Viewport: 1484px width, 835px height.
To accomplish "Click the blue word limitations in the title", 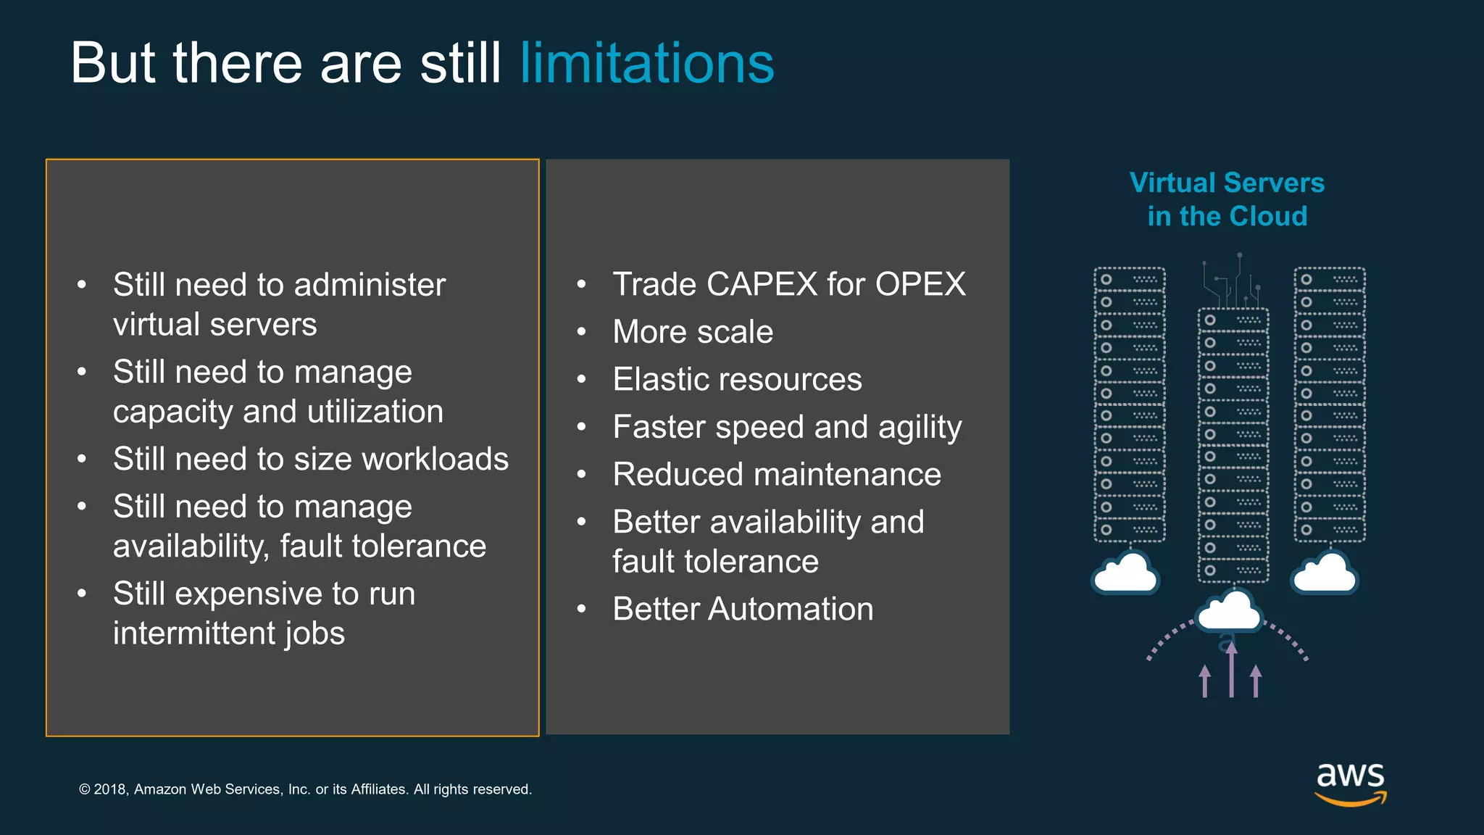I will pos(646,64).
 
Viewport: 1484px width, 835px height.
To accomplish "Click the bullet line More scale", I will pos(692,332).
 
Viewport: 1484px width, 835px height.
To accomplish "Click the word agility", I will pos(920,428).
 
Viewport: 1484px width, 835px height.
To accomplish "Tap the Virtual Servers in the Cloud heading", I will pos(1227,199).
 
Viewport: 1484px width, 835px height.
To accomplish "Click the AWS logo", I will pos(1350,783).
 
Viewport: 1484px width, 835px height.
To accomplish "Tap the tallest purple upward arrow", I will pos(1231,670).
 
